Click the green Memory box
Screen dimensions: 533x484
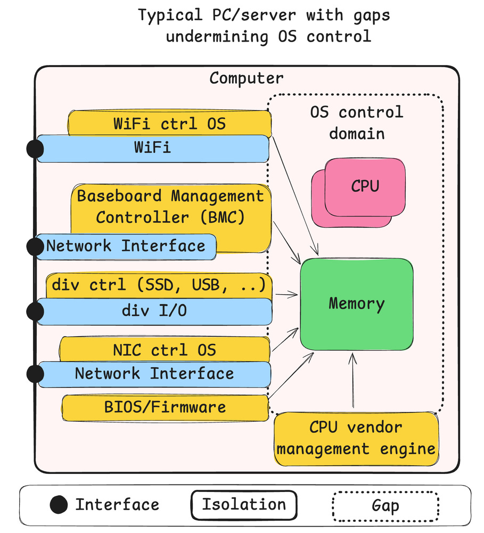tap(357, 304)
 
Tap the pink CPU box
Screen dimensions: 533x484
tap(365, 186)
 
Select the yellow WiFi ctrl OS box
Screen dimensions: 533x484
tap(169, 124)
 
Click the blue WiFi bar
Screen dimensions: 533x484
tap(152, 148)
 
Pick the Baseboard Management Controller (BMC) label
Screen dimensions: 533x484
tap(170, 206)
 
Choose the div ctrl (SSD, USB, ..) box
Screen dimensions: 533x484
tap(159, 286)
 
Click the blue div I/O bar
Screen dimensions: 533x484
tap(154, 311)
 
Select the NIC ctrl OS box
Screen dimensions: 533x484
tap(165, 350)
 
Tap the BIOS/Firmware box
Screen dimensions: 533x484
tap(165, 407)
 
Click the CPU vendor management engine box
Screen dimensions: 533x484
tap(356, 438)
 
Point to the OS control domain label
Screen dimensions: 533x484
tap(356, 122)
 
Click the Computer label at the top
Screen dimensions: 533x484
tap(246, 78)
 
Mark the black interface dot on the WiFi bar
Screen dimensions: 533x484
tap(35, 149)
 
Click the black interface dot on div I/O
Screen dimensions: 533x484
tap(35, 311)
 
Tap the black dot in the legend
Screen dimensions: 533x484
tap(59, 504)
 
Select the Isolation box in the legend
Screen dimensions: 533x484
tap(243, 505)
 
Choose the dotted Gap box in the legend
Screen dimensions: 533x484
tap(385, 506)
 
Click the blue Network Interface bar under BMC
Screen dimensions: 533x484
tap(126, 246)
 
